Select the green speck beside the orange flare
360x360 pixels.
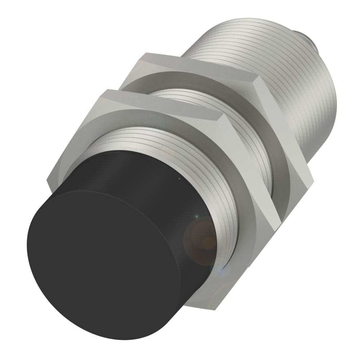196,216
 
